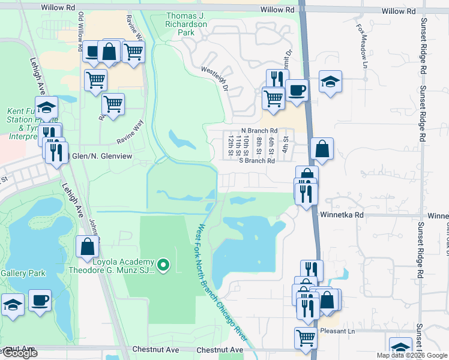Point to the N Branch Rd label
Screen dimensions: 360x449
[259, 131]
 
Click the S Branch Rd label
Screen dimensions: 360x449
[257, 161]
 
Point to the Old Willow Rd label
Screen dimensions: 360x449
[80, 27]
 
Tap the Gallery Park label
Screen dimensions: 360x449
[23, 273]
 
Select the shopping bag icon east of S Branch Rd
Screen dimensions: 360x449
[322, 149]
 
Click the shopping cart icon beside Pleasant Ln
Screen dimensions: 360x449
[306, 338]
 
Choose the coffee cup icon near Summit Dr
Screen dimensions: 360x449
[297, 90]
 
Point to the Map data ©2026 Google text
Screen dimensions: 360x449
[412, 355]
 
